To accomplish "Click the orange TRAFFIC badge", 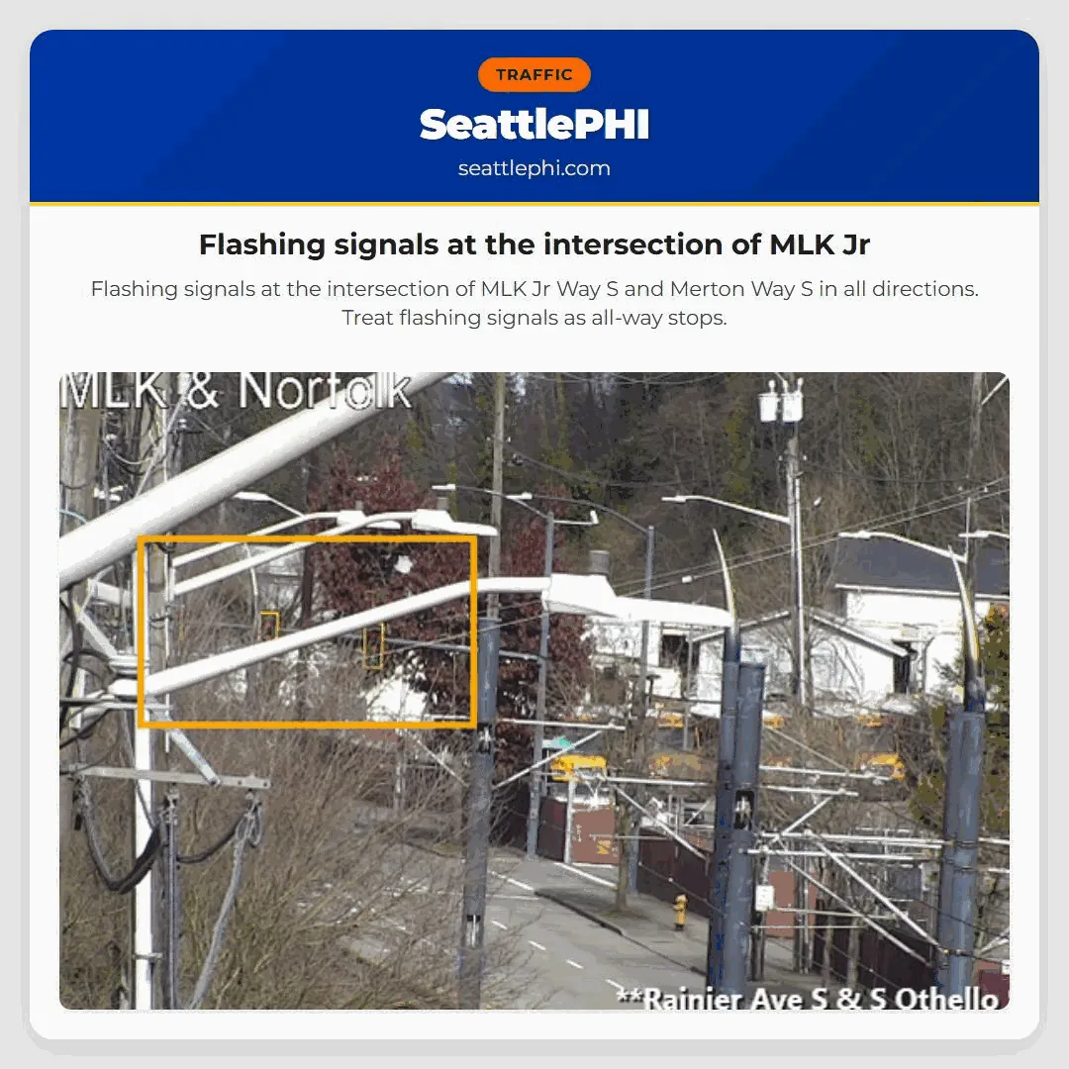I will tap(534, 75).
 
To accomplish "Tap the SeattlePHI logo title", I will tap(534, 125).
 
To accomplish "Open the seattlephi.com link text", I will tap(534, 168).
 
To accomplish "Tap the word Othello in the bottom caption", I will tap(946, 998).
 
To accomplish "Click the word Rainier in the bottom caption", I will tap(695, 998).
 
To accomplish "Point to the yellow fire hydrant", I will tap(680, 911).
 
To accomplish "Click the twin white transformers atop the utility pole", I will tap(780, 402).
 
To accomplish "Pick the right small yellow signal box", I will tap(373, 646).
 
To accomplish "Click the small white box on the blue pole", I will tap(764, 897).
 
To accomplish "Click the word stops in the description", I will tap(700, 318).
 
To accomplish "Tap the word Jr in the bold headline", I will tap(856, 244).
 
